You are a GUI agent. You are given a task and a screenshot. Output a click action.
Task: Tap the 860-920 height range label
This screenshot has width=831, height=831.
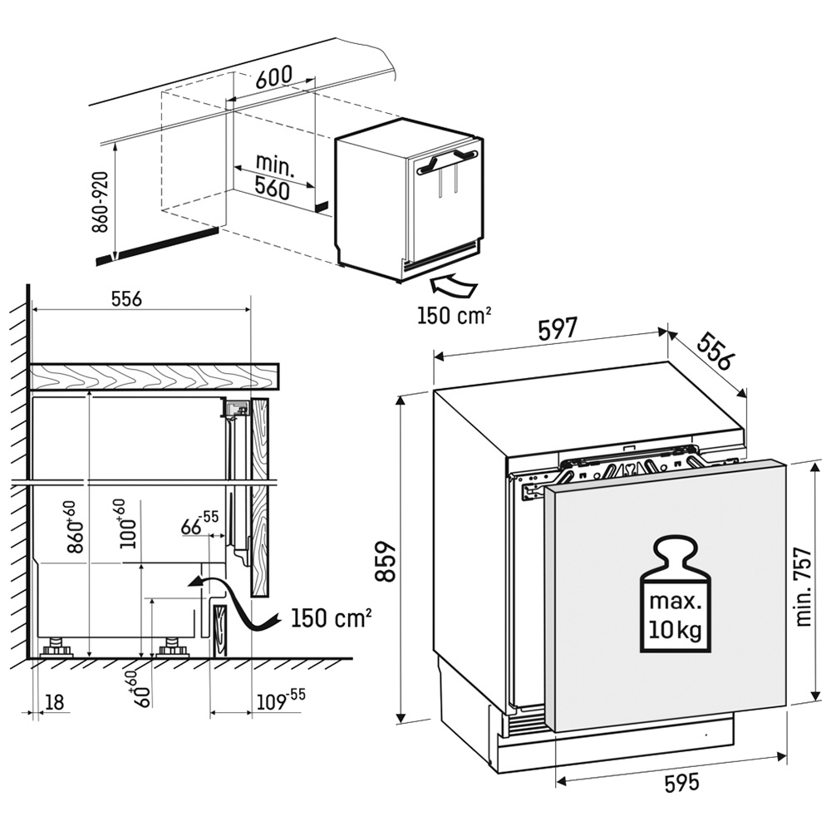100,203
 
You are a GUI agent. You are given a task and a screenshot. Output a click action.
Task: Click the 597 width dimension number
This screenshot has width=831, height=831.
557,329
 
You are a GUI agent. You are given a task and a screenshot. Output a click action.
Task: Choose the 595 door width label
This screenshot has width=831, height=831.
681,782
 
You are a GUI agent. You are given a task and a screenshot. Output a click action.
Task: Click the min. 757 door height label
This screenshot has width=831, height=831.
804,587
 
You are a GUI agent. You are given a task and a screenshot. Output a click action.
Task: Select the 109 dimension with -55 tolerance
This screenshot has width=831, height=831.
281,700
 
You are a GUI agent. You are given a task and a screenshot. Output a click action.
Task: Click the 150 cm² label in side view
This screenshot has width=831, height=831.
332,617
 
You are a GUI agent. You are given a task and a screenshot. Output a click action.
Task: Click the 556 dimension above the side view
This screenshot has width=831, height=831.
126,299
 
